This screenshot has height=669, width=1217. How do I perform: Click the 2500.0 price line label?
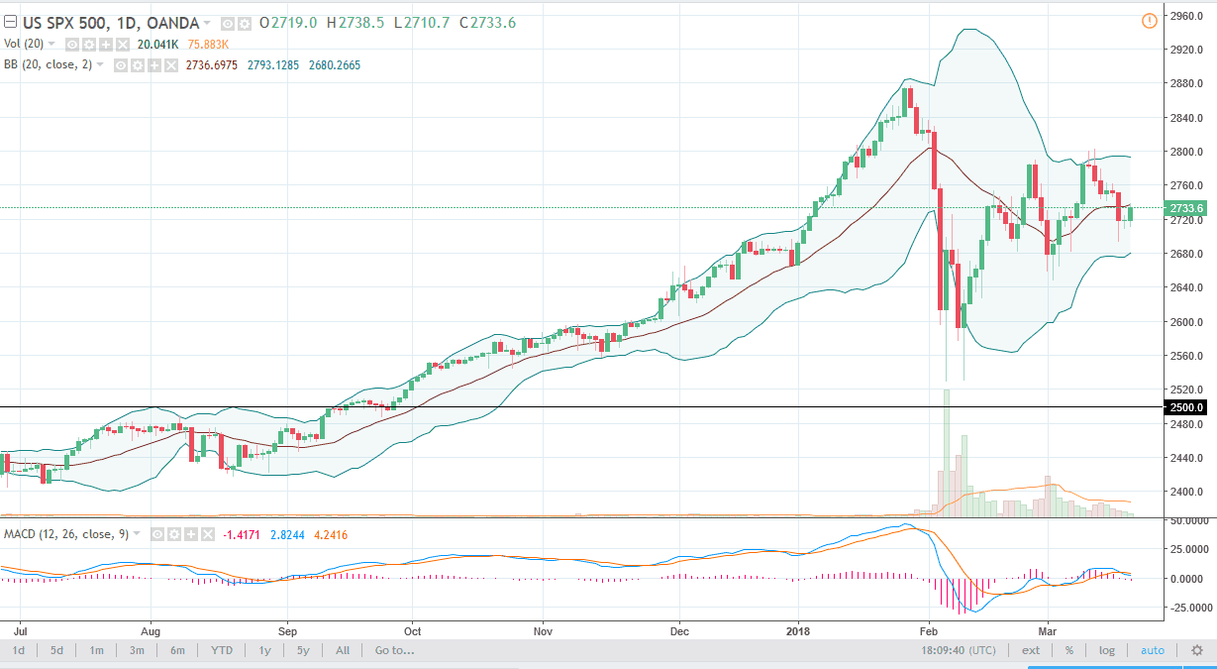click(1186, 407)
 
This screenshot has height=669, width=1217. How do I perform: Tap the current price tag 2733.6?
click(1186, 208)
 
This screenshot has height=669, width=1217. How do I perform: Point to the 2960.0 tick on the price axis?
click(1186, 16)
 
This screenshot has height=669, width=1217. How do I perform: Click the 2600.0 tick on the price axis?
click(1186, 322)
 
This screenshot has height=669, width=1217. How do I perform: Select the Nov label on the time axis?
click(543, 629)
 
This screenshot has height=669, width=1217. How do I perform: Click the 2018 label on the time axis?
click(798, 629)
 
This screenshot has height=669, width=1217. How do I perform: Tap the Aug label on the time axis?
click(151, 629)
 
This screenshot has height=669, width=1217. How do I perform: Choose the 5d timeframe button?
click(57, 650)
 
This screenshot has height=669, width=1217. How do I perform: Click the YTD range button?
click(222, 650)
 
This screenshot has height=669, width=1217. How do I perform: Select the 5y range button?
click(303, 650)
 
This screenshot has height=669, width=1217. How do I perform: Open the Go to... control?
click(394, 650)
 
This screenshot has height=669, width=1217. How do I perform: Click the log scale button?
click(1106, 650)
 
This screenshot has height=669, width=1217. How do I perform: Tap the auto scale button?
click(1153, 650)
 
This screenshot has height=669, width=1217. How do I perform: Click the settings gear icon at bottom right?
click(1197, 650)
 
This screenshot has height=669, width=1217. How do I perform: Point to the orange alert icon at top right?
click(1149, 20)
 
